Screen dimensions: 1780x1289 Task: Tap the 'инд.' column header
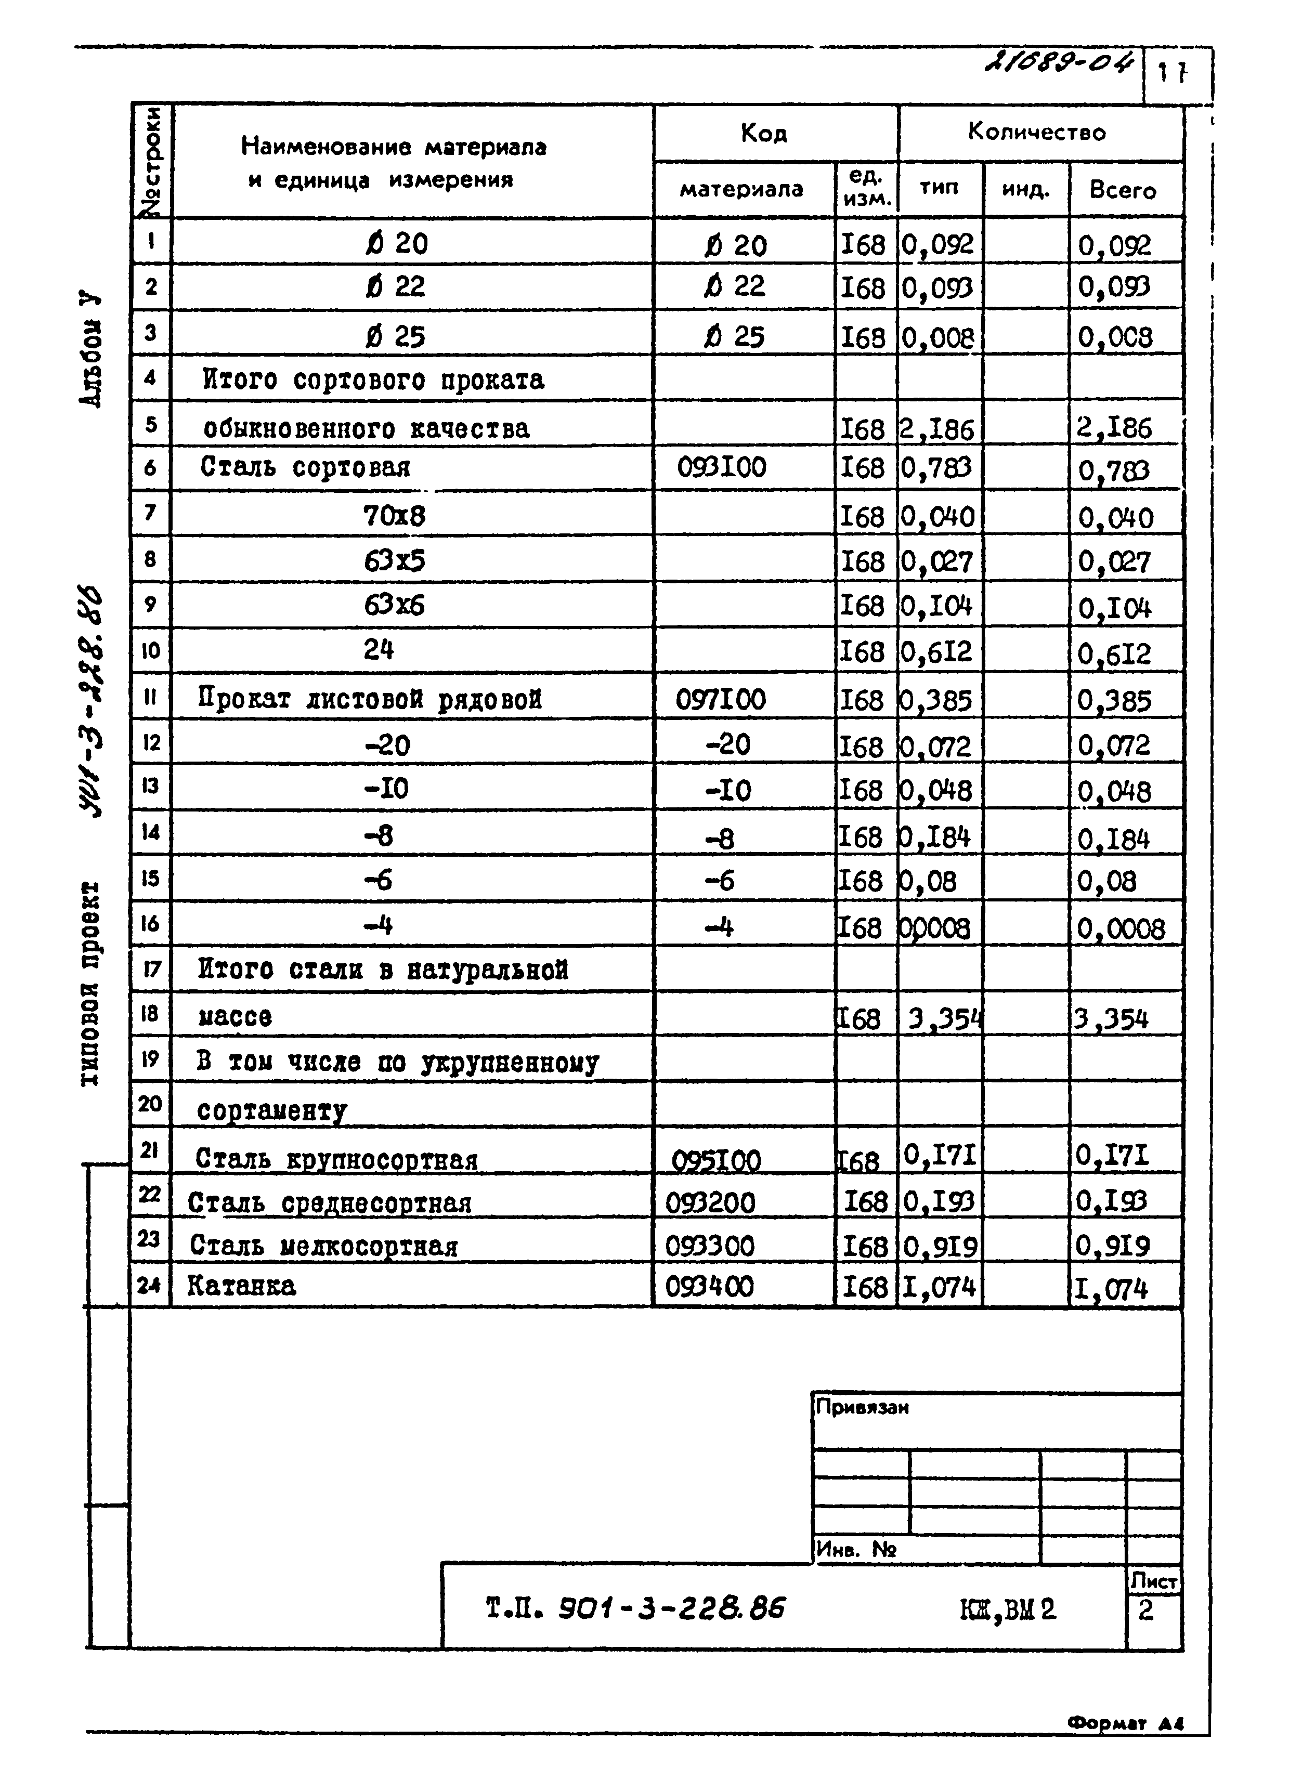tap(1025, 190)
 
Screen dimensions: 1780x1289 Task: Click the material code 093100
tap(721, 468)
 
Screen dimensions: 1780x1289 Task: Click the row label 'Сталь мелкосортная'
tap(323, 1246)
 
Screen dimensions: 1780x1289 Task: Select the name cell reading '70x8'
tap(394, 516)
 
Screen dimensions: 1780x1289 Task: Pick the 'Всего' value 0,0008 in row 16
tap(1121, 929)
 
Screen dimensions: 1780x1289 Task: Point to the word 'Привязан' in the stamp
tap(863, 1407)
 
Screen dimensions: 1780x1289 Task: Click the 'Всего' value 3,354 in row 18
tap(1112, 1019)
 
